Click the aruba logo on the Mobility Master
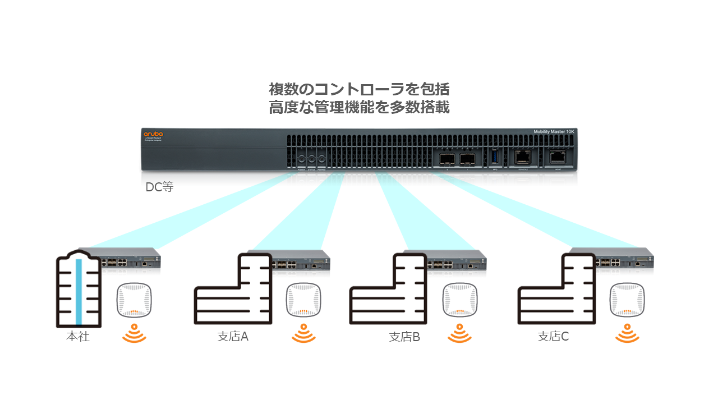point(153,134)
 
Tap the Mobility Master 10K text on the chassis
point(554,132)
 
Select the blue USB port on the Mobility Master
point(494,158)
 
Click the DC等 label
point(159,187)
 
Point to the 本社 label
point(77,337)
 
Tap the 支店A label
point(233,337)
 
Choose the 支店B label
point(404,337)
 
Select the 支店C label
point(553,337)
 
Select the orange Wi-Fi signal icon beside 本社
point(134,333)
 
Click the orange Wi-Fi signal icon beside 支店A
point(303,333)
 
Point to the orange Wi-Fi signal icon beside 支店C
point(627,333)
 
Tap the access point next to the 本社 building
point(134,300)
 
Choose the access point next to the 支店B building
point(460,300)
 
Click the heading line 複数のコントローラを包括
point(359,89)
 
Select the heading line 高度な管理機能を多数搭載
point(359,107)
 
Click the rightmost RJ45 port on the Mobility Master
point(558,158)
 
